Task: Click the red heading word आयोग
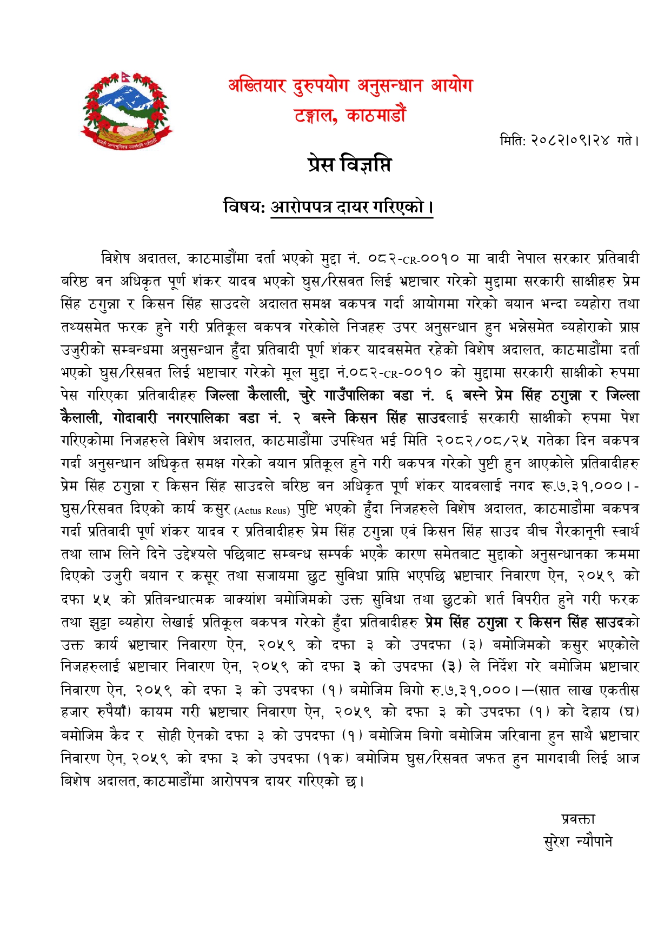coord(451,86)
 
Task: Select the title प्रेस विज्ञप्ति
coord(349,164)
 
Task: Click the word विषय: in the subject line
coord(244,206)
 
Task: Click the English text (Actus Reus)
coord(263,510)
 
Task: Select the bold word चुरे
coord(308,396)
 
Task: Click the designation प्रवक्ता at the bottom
coord(578,819)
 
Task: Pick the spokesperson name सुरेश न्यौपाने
coord(578,842)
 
